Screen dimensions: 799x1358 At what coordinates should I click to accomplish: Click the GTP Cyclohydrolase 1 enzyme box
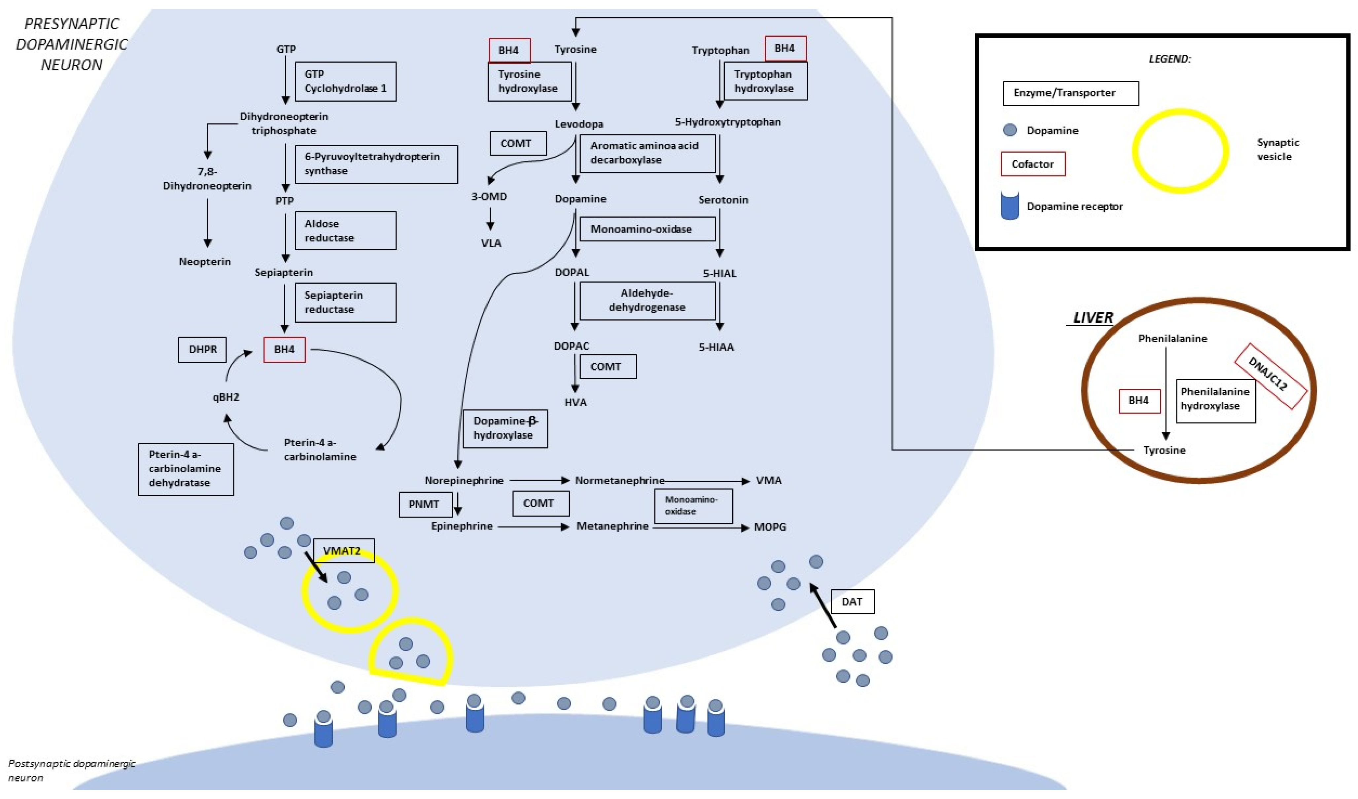pyautogui.click(x=345, y=81)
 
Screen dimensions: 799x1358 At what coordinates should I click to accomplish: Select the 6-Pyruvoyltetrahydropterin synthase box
pyautogui.click(x=376, y=164)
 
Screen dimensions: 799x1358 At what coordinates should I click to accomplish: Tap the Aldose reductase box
pyautogui.click(x=345, y=231)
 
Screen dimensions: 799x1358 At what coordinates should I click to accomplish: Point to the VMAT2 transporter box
pyautogui.click(x=343, y=551)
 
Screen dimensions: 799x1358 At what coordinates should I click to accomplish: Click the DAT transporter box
pyautogui.click(x=852, y=602)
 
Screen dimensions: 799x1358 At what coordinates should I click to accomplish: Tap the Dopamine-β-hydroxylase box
pyautogui.click(x=505, y=428)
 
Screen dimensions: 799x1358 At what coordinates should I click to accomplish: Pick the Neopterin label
pyautogui.click(x=205, y=262)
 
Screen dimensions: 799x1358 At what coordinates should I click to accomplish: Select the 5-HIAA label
pyautogui.click(x=716, y=347)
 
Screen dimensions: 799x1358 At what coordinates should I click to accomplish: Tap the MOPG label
pyautogui.click(x=770, y=527)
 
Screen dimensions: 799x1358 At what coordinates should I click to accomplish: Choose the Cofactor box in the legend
pyautogui.click(x=1032, y=164)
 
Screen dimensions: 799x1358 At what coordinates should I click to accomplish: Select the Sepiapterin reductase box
pyautogui.click(x=345, y=303)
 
